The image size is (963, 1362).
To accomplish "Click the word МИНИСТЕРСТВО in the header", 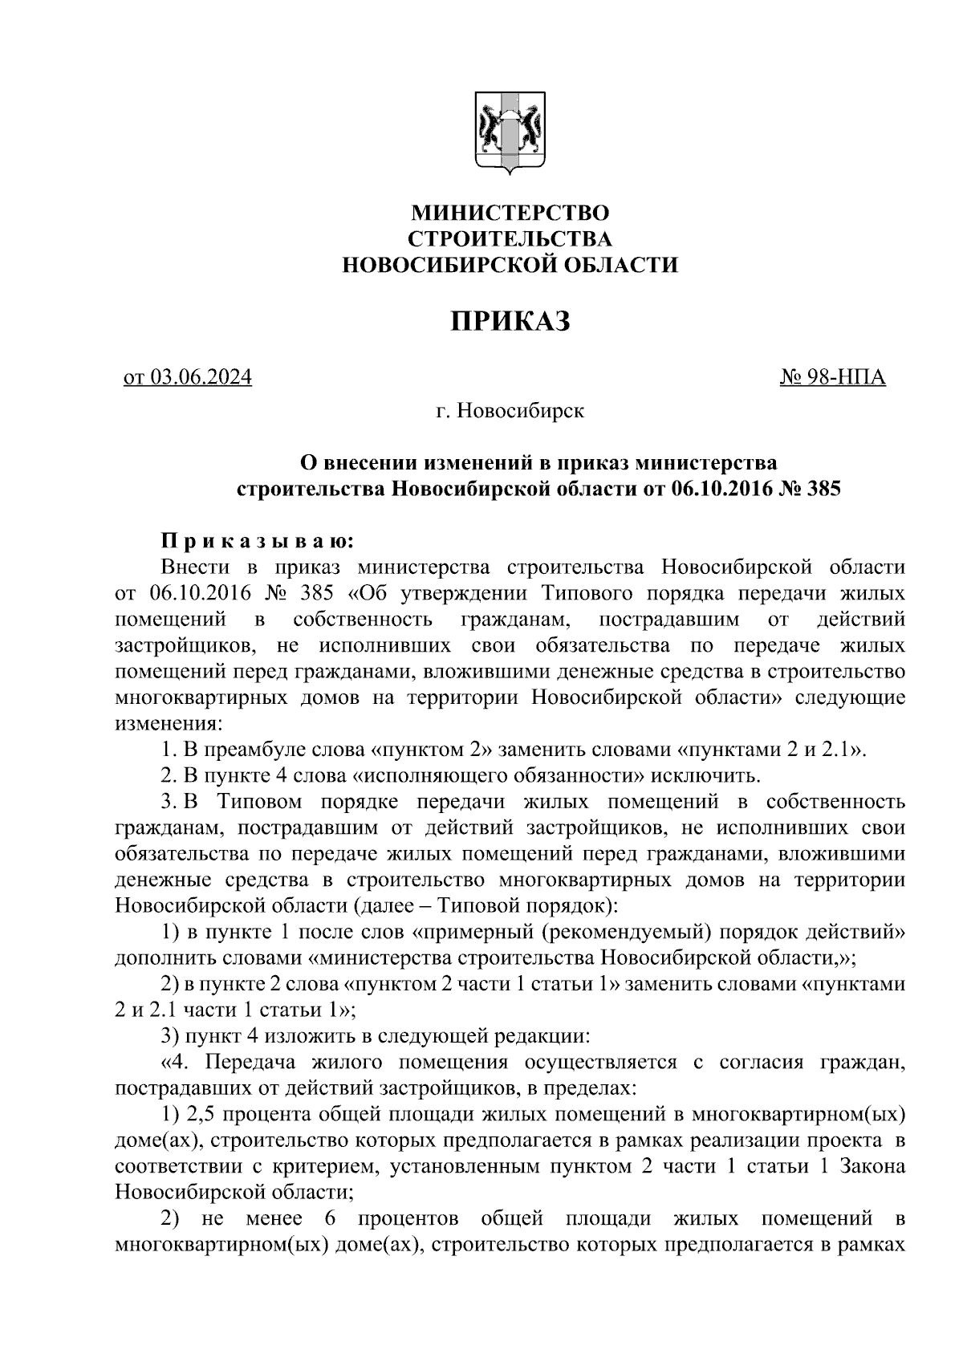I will (x=510, y=213).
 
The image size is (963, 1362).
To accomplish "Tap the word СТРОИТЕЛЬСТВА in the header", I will (x=510, y=239).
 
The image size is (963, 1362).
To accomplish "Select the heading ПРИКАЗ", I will (x=510, y=320).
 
